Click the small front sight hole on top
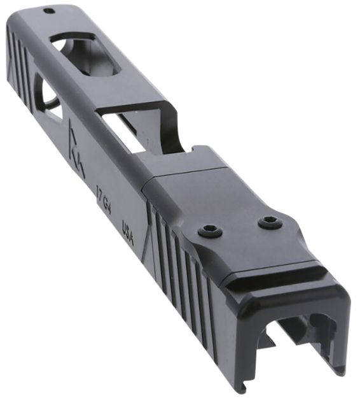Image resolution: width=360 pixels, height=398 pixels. tap(48, 11)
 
